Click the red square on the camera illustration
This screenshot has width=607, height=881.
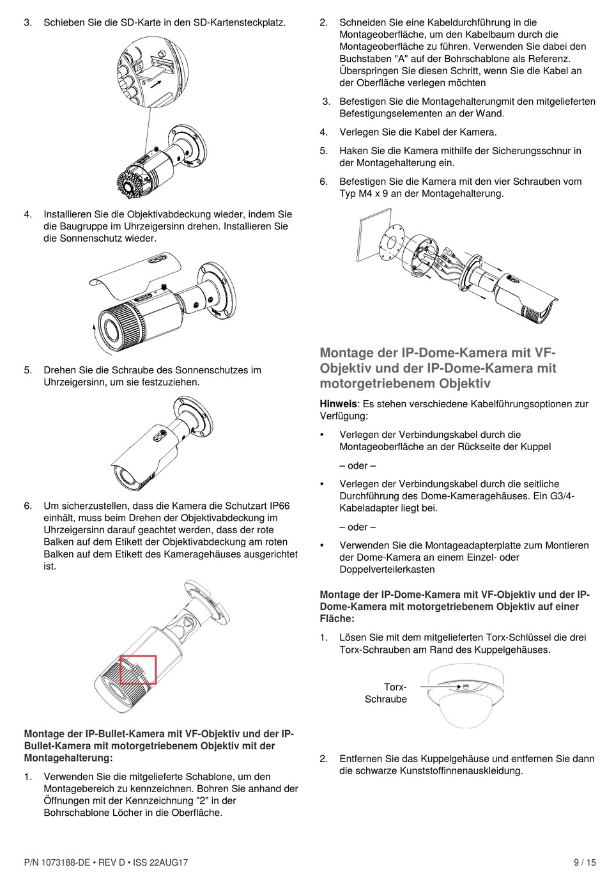coord(138,669)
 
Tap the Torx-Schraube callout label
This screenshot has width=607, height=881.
coord(387,693)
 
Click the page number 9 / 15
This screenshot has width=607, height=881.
coord(584,862)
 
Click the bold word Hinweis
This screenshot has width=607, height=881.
coord(338,404)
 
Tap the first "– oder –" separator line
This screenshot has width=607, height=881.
coord(357,465)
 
